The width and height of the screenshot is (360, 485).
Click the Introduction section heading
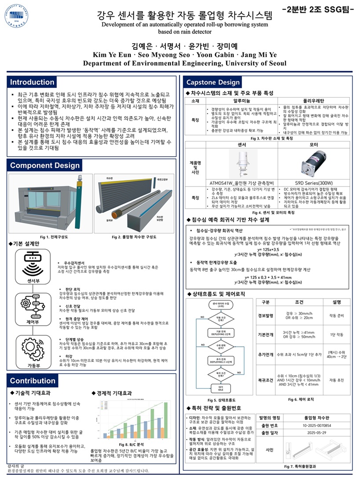[33, 82]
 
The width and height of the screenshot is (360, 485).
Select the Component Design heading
[45, 165]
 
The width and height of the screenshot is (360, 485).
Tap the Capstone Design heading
[213, 82]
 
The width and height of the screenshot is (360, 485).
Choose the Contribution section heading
[33, 381]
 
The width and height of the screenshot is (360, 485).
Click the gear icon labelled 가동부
[29, 349]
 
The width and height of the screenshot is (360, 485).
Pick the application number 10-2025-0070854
[313, 426]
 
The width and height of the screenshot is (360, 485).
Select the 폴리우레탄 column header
[315, 101]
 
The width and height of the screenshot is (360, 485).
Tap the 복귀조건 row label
[266, 379]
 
